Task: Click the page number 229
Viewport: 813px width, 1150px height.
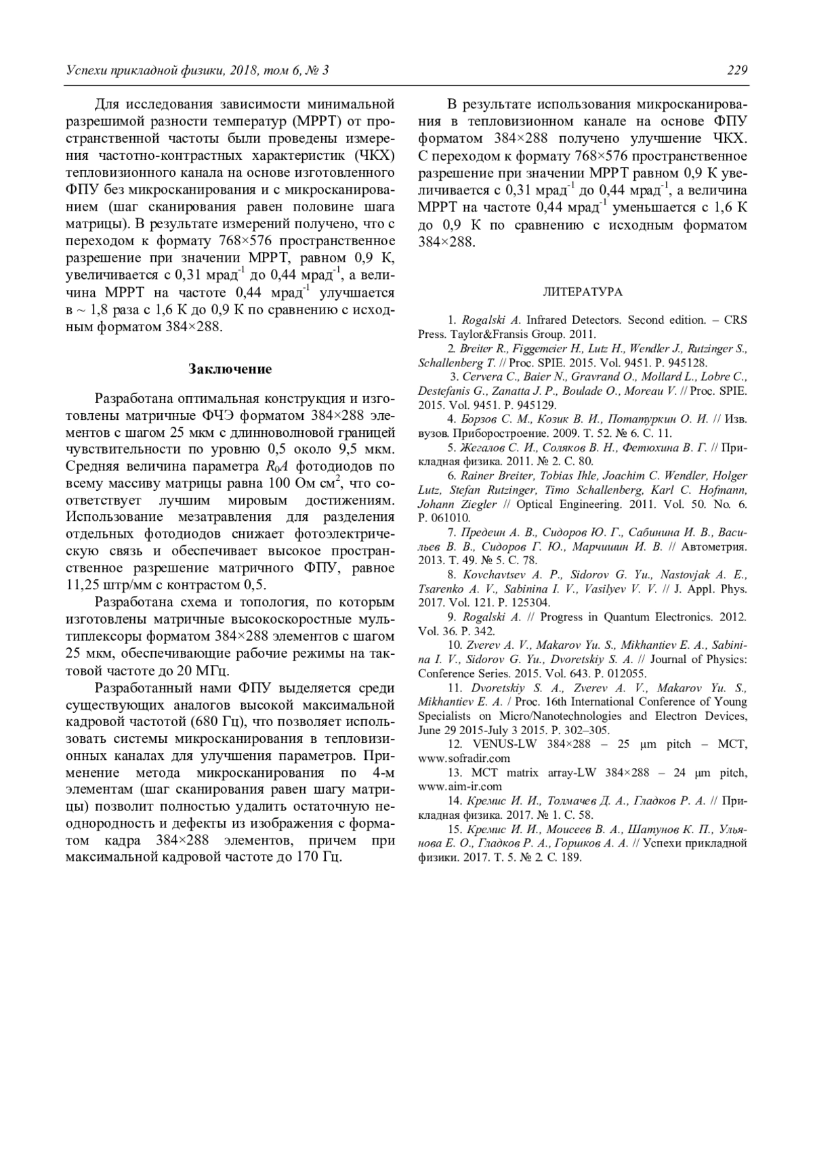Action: click(737, 71)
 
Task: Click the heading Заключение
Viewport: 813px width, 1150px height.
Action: click(230, 369)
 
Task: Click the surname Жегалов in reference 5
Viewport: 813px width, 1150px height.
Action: click(483, 447)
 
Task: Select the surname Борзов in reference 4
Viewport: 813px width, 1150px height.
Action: click(479, 419)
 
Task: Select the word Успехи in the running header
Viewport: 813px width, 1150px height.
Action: click(87, 71)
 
